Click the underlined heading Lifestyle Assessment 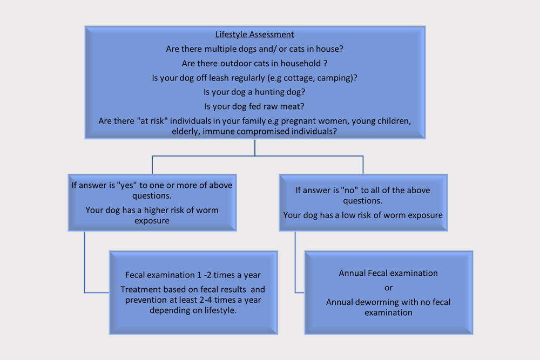[x=254, y=35]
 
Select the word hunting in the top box [x=269, y=92]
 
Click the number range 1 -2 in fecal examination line [x=204, y=275]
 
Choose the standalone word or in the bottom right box [x=388, y=288]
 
